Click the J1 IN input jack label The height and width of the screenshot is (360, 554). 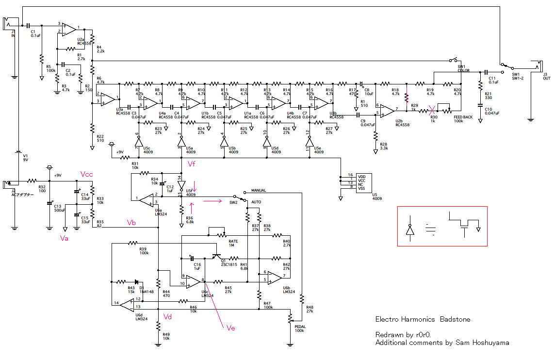click(13, 34)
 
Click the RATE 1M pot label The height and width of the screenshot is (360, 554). click(233, 243)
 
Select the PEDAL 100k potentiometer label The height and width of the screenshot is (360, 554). click(300, 328)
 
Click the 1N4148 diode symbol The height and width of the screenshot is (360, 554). click(137, 281)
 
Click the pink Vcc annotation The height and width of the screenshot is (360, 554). click(87, 174)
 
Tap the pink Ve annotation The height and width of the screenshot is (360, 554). click(231, 328)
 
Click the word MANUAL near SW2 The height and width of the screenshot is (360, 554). click(261, 191)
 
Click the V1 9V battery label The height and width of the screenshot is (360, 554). click(25, 158)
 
